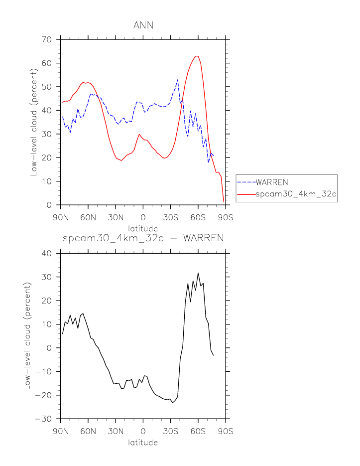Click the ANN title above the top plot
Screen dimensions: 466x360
pyautogui.click(x=143, y=25)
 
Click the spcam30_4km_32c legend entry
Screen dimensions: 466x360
pyautogui.click(x=296, y=195)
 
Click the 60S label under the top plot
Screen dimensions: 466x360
pyautogui.click(x=198, y=217)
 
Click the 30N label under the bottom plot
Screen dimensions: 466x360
pyautogui.click(x=116, y=431)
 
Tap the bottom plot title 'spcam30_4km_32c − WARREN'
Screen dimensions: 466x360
pyautogui.click(x=143, y=238)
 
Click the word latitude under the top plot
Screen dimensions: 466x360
pyautogui.click(x=143, y=228)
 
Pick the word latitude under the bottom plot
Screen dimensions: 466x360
pyautogui.click(x=143, y=442)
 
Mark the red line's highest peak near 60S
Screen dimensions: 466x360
pyautogui.click(x=197, y=56)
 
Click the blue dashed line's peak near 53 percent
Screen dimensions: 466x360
pyautogui.click(x=178, y=80)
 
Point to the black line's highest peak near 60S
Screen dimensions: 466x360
pyautogui.click(x=198, y=273)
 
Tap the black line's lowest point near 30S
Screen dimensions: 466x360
pyautogui.click(x=172, y=402)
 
